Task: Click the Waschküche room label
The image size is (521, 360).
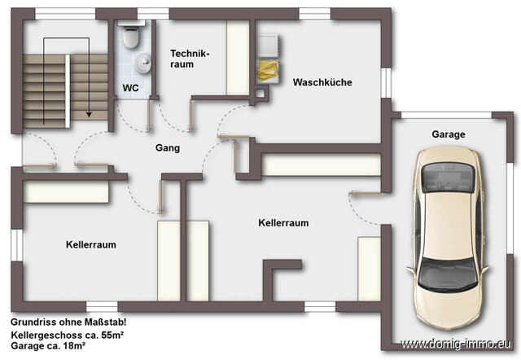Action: [321, 82]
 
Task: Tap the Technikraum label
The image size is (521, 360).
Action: [190, 59]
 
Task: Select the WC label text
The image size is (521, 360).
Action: [131, 87]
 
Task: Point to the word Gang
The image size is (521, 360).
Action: [168, 148]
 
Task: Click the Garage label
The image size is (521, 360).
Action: [449, 134]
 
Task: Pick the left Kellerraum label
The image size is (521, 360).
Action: [90, 244]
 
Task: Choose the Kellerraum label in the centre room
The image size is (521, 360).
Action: [283, 222]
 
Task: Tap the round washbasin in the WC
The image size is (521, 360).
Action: [143, 62]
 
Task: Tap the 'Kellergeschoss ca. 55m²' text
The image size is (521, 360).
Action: [67, 335]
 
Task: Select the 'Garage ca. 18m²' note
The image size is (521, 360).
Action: [49, 346]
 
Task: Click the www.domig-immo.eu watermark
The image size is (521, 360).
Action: [459, 344]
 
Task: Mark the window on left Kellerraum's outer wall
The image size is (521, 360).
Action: [14, 244]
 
